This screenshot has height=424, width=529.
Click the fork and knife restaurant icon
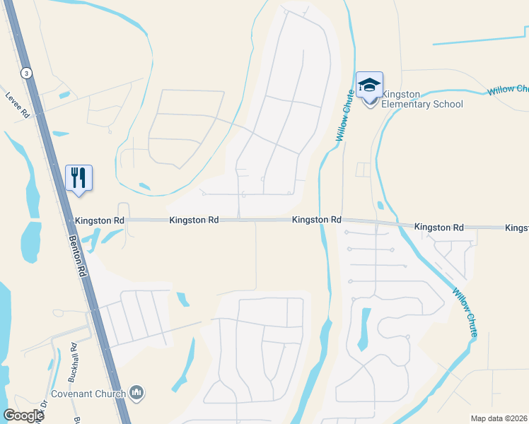79,177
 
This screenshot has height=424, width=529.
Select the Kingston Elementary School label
422,100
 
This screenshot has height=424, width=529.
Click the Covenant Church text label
88,394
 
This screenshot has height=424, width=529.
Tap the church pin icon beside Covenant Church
137,392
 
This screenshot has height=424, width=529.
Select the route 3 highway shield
26,73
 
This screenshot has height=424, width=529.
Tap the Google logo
23,416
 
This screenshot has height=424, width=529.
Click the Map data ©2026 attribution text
499,418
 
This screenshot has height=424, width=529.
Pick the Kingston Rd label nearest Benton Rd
99,220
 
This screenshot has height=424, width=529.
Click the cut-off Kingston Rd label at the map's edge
516,228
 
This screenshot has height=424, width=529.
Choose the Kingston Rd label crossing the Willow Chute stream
317,220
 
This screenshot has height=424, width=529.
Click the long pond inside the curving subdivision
364,329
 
